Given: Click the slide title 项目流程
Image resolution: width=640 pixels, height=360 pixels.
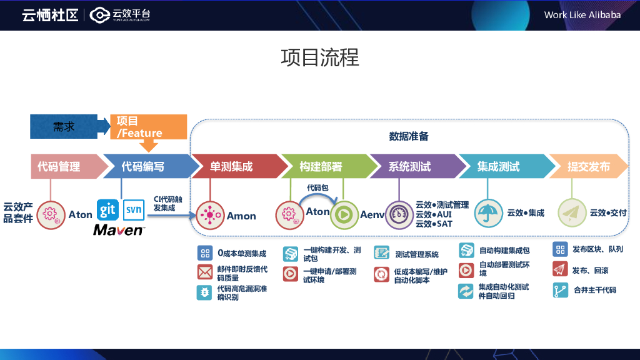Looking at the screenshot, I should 320,57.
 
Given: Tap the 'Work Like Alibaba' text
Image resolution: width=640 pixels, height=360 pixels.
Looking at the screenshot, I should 582,14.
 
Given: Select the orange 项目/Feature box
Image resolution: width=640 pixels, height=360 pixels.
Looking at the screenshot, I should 147,126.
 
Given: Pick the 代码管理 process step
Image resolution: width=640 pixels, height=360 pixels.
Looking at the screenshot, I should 59,166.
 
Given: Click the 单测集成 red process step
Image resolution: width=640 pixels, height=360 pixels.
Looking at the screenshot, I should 231,166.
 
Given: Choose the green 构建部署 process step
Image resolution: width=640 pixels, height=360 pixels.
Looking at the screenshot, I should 321,166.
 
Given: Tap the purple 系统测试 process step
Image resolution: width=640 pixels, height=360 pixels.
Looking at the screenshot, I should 409,166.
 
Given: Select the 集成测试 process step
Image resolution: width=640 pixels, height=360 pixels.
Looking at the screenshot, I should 499,166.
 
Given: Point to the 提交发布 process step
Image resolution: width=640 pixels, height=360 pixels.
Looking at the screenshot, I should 588,166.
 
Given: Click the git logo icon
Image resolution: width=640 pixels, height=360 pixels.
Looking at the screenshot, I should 107,210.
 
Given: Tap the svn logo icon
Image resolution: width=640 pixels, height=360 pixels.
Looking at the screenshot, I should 134,210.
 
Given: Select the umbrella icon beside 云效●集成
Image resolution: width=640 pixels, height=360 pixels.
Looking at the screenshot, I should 488,213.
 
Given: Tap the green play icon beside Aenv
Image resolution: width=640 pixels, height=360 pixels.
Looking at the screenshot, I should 344,214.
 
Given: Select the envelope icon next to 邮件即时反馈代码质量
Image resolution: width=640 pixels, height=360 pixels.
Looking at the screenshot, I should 204,272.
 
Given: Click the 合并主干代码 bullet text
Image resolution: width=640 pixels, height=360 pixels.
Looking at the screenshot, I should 594,290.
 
